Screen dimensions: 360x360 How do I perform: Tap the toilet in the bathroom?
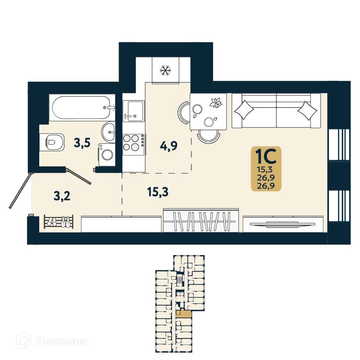[53, 141]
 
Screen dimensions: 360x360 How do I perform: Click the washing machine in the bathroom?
[106, 155]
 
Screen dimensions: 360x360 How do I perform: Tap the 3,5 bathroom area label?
[82, 143]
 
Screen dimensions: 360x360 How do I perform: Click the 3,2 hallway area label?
[62, 197]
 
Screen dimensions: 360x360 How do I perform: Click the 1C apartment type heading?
[266, 155]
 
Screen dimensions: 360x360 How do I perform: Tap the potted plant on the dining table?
[215, 103]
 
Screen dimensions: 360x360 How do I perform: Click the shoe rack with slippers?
[58, 222]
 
